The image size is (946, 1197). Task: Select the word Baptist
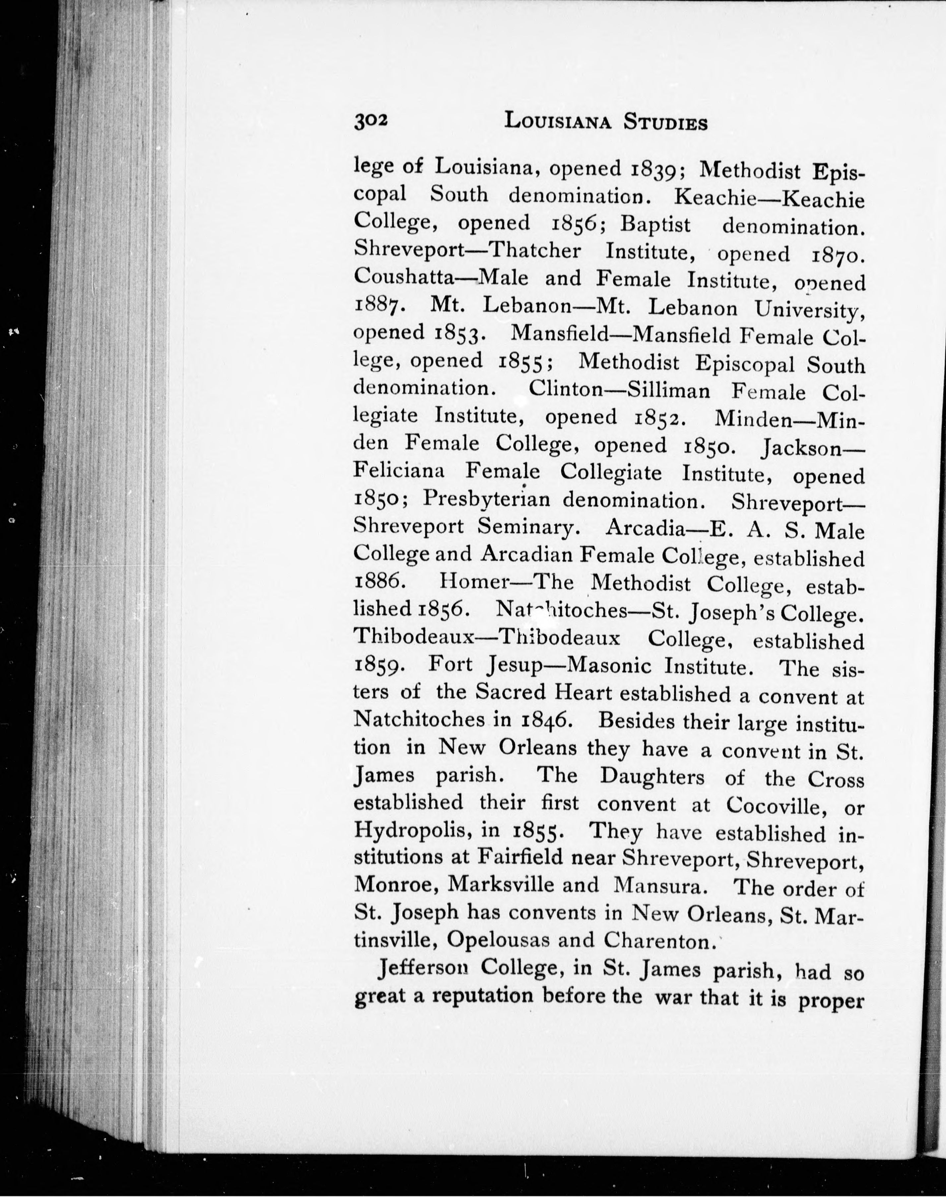tap(655, 224)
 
